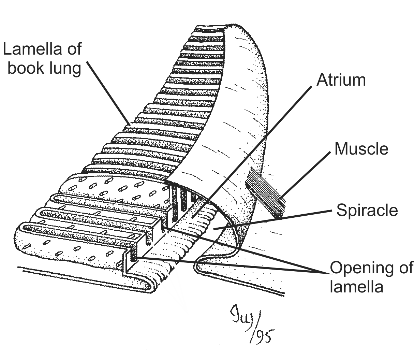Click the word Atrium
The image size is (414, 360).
pos(341,80)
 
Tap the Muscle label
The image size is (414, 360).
pos(361,149)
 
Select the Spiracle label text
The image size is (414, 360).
pos(367,210)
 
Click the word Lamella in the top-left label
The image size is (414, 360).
pos(33,49)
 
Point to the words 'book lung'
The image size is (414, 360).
pos(44,68)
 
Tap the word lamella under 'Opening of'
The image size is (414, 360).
pos(356,286)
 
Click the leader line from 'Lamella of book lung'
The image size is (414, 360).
pos(107,92)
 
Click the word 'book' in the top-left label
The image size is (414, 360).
pos(26,68)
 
